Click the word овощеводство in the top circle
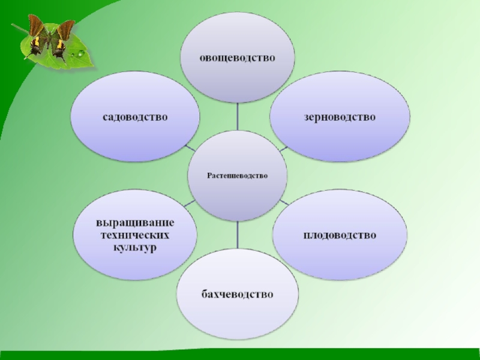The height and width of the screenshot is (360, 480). point(238,58)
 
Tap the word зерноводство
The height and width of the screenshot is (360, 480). point(340,116)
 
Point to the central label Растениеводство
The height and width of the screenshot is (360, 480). point(238,175)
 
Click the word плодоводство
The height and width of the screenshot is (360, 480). point(340,235)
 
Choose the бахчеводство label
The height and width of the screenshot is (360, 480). point(237,295)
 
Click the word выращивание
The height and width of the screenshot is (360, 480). point(136,223)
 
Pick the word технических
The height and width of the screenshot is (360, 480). point(136,235)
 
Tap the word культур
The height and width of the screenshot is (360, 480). point(136,247)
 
